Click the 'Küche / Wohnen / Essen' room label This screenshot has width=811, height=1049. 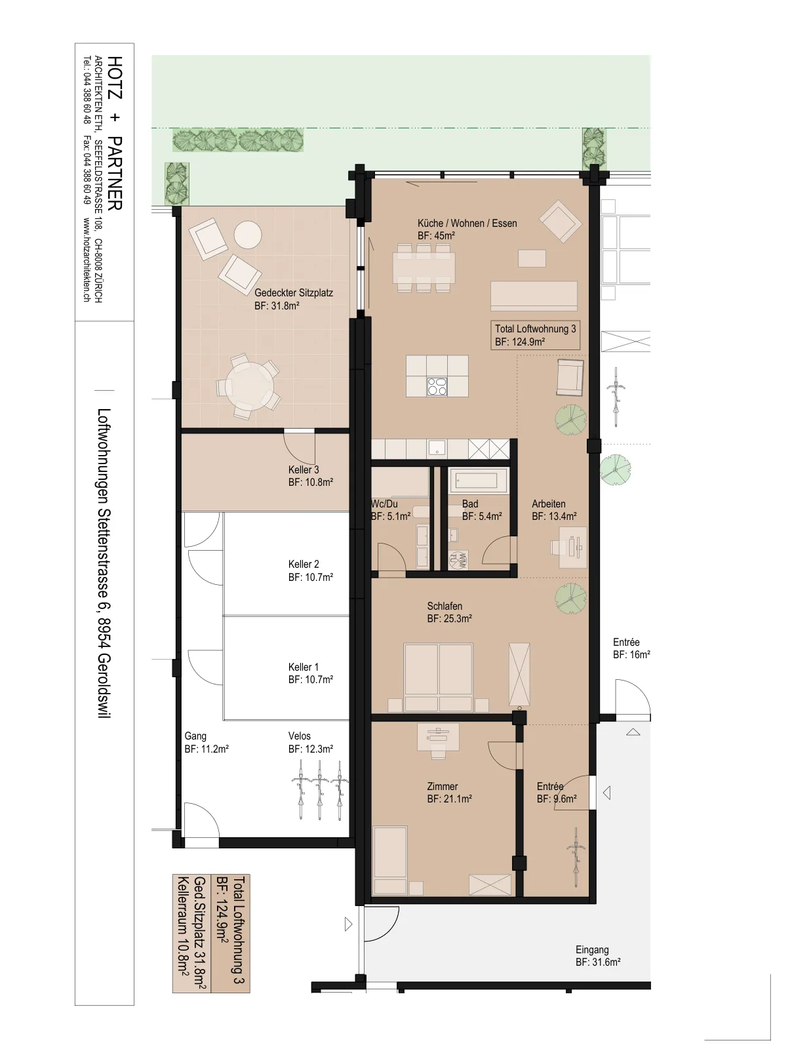(x=467, y=224)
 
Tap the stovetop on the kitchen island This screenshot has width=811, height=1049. (x=437, y=387)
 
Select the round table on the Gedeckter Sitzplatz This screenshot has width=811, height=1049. (x=250, y=386)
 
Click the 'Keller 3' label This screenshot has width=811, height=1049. (x=304, y=469)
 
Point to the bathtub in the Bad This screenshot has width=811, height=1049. (x=477, y=481)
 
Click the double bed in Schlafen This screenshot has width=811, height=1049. (x=439, y=677)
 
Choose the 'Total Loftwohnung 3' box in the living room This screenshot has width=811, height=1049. (x=536, y=335)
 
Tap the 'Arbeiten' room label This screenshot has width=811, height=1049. (x=548, y=504)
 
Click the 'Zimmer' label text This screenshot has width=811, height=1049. (x=442, y=786)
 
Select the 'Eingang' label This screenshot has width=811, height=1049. (x=592, y=949)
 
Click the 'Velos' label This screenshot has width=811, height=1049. (x=300, y=736)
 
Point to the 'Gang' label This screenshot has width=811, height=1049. (x=195, y=736)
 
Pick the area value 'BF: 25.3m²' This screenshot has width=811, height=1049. (x=450, y=618)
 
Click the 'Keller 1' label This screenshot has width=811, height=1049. (x=303, y=667)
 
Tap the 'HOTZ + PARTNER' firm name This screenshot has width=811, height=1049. (x=115, y=132)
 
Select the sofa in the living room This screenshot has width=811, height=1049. (x=534, y=296)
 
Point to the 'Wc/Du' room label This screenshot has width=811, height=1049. (x=384, y=504)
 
